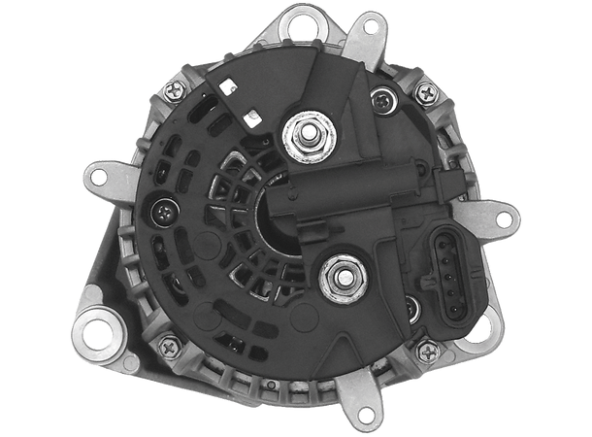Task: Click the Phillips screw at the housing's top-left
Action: (176, 89)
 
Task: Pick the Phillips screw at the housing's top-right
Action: (426, 93)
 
